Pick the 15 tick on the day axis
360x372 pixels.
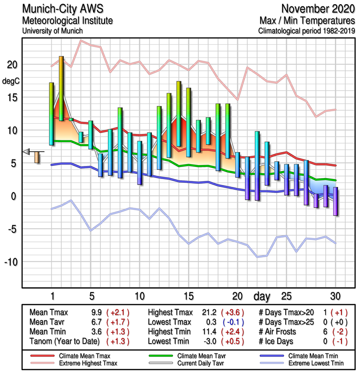(x=188, y=296)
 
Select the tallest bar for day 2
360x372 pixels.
(x=61, y=88)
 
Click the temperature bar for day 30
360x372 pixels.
(x=335, y=201)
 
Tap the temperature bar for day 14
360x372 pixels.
(x=178, y=114)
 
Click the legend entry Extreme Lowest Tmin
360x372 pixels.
(x=315, y=362)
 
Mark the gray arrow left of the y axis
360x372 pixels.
(x=26, y=151)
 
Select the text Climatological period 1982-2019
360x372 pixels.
(x=307, y=31)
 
